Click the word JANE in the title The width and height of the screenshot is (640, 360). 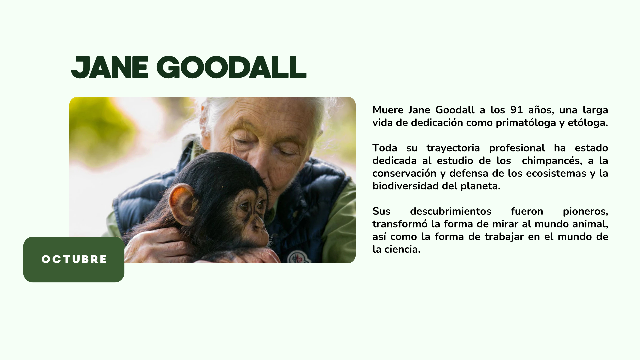click(110, 68)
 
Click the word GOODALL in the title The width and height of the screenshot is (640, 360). click(231, 68)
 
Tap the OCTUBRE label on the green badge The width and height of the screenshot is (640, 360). click(74, 259)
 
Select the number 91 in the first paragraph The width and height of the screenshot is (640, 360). click(516, 110)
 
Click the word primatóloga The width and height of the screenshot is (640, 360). click(526, 123)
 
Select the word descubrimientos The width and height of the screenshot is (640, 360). click(451, 211)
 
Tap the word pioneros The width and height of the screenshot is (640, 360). click(585, 212)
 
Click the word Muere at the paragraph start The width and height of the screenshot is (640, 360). click(388, 110)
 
